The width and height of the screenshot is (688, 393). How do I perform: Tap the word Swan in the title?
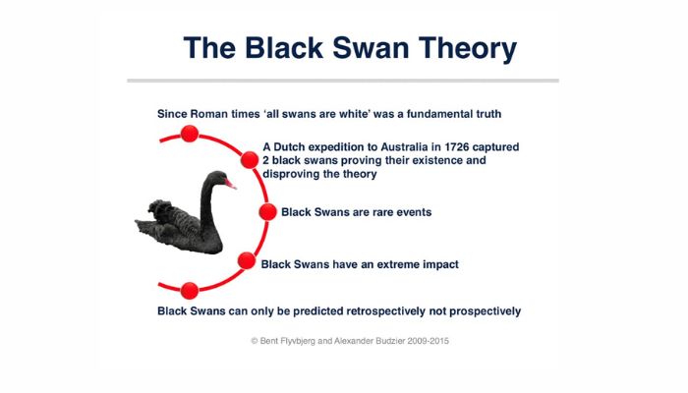click(371, 47)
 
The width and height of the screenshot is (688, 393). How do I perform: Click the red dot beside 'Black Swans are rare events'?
click(267, 212)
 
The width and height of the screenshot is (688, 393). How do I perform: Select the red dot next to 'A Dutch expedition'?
click(250, 159)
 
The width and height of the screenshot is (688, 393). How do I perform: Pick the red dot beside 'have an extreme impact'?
click(247, 261)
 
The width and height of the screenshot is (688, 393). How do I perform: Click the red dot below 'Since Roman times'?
click(190, 134)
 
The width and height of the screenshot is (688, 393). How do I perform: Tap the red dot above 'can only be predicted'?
click(190, 291)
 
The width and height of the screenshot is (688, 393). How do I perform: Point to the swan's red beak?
click(230, 184)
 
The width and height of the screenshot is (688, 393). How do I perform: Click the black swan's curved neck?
click(207, 201)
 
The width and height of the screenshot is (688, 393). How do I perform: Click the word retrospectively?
click(385, 311)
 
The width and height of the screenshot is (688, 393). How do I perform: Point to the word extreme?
click(398, 264)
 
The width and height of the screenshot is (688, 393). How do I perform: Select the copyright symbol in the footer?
click(254, 341)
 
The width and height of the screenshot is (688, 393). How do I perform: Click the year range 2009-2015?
click(428, 341)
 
